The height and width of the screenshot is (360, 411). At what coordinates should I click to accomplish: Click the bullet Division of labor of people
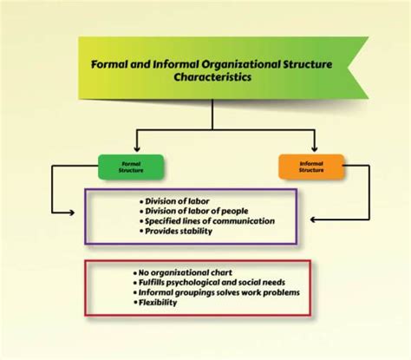(195, 210)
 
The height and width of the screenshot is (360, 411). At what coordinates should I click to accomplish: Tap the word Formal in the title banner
(113, 63)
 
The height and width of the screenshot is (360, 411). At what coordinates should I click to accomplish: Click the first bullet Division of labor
(177, 200)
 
